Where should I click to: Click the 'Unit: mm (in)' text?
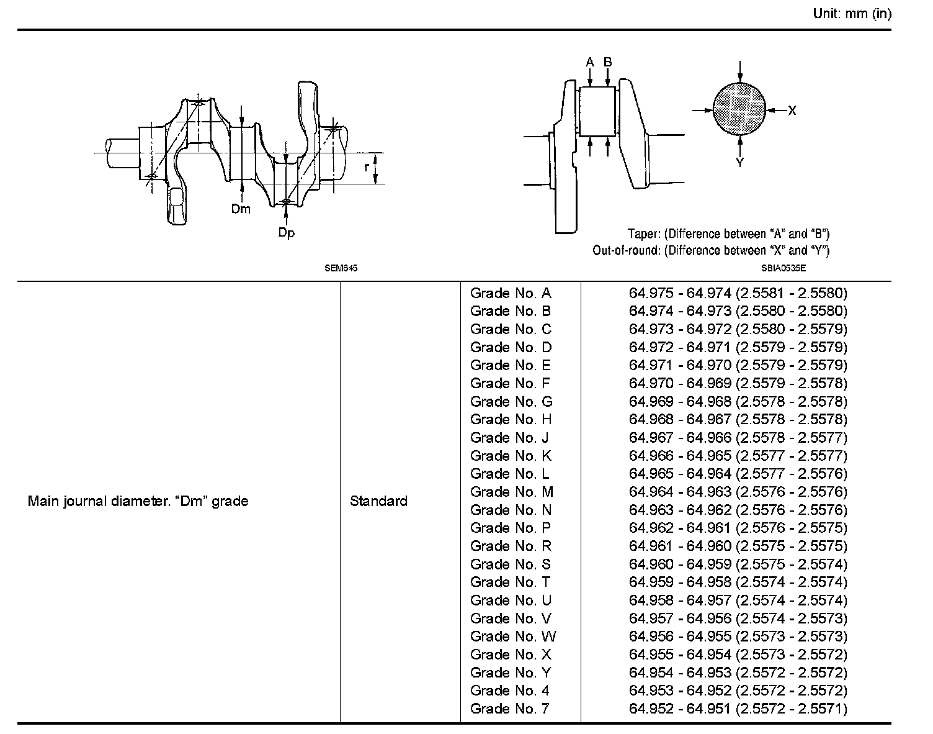[852, 14]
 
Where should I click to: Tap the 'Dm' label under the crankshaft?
[241, 209]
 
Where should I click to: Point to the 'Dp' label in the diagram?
[286, 233]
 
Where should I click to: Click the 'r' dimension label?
[367, 166]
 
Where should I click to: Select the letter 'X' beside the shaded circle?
[792, 111]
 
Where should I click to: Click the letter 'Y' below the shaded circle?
[739, 163]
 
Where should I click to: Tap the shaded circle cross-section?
[739, 109]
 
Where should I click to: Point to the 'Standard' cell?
[378, 501]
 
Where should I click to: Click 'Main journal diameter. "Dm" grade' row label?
[138, 501]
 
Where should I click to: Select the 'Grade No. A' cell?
[511, 293]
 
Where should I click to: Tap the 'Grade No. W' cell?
[513, 637]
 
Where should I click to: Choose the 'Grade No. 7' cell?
[510, 709]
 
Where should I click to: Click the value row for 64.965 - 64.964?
[738, 474]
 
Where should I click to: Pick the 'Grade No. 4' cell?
[510, 691]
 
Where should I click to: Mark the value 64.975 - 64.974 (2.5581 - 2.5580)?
[738, 293]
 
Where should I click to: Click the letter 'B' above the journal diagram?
[608, 62]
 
